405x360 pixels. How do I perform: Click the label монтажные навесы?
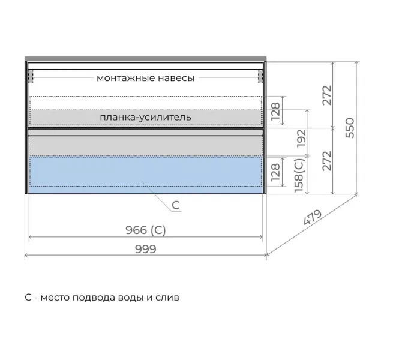click(145, 78)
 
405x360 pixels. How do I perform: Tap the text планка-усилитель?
click(145, 117)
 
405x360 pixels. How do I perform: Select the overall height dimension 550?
click(350, 128)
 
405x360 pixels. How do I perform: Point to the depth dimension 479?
click(313, 217)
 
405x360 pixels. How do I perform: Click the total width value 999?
click(146, 249)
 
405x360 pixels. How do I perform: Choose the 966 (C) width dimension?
click(146, 230)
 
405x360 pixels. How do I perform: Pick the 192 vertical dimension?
click(301, 139)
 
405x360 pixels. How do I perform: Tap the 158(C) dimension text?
click(299, 175)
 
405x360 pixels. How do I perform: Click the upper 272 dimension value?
click(327, 95)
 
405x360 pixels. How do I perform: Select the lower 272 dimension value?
click(327, 161)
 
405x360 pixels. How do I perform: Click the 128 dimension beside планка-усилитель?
click(275, 112)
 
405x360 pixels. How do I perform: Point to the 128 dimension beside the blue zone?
click(275, 172)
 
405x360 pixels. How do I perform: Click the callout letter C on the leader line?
click(176, 206)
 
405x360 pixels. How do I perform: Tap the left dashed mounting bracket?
click(31, 76)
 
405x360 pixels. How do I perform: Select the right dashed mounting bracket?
click(260, 76)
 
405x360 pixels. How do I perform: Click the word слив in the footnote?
click(167, 298)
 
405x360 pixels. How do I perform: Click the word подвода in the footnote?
click(94, 298)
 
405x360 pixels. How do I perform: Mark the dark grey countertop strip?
click(146, 59)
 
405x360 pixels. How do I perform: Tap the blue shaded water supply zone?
click(146, 175)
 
